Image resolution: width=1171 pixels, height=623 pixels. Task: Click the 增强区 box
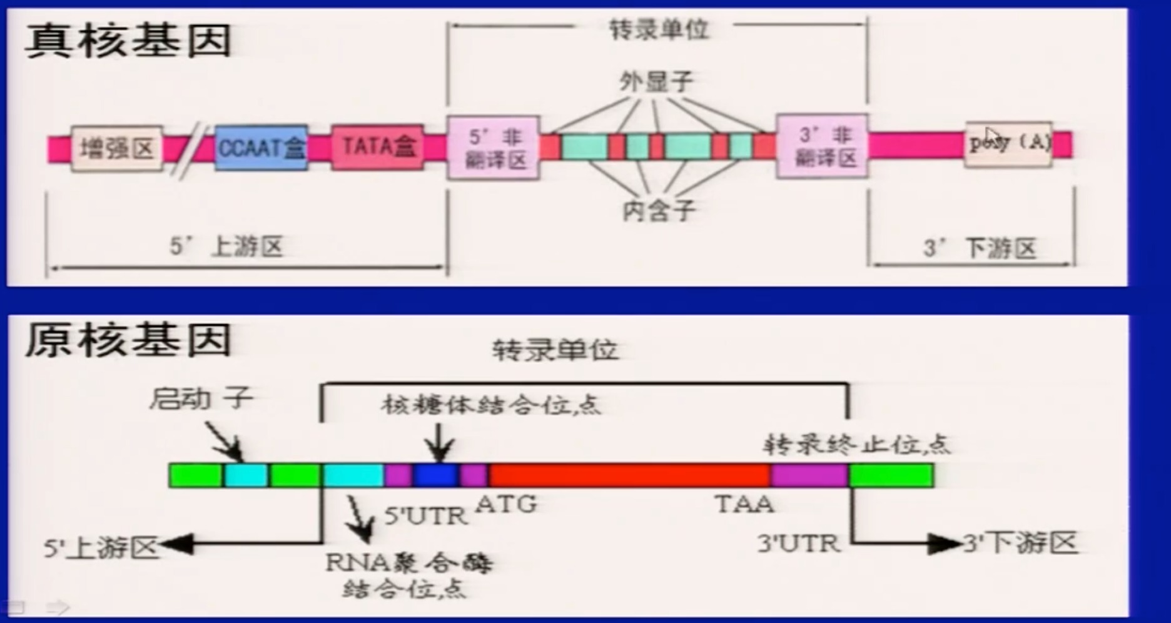(x=116, y=148)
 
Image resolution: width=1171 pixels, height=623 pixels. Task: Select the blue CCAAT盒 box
(x=261, y=148)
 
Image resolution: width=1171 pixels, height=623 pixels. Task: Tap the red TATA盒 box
(x=377, y=146)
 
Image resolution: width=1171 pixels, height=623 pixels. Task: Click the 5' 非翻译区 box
(x=494, y=148)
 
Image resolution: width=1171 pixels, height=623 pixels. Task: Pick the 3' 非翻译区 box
(x=822, y=146)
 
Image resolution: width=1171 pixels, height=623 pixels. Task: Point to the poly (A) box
(x=1008, y=144)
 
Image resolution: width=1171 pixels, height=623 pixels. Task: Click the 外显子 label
(x=656, y=81)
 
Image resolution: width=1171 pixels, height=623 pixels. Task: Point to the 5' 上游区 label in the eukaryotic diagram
(x=226, y=246)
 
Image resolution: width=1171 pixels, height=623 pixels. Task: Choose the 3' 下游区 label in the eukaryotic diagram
(x=980, y=248)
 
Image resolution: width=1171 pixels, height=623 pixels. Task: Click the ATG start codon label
(x=505, y=504)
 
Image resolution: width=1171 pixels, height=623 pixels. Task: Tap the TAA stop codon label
(x=744, y=504)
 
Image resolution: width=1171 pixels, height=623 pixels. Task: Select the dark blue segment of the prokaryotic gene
(x=436, y=475)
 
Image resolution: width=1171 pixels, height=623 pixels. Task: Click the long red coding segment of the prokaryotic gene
(x=629, y=475)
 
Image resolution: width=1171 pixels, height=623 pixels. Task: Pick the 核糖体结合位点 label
(x=491, y=405)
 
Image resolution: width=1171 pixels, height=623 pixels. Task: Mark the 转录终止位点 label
(x=856, y=444)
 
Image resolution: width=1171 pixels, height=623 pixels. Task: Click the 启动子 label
(x=201, y=398)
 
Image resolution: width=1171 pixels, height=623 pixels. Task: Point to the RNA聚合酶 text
(x=409, y=563)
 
